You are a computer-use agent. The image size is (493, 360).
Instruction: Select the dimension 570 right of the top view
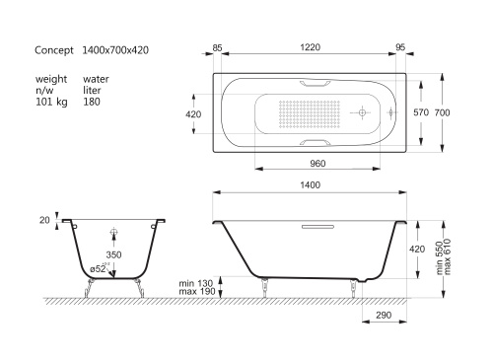click(x=420, y=113)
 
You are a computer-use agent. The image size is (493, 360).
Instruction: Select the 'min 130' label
click(x=195, y=282)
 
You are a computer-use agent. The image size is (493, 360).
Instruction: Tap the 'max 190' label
click(x=195, y=293)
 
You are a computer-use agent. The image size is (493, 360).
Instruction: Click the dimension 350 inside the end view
click(x=115, y=254)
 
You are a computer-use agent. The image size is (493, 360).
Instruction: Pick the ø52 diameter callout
click(x=103, y=268)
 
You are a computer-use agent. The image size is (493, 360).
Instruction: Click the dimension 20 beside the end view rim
click(x=45, y=220)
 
